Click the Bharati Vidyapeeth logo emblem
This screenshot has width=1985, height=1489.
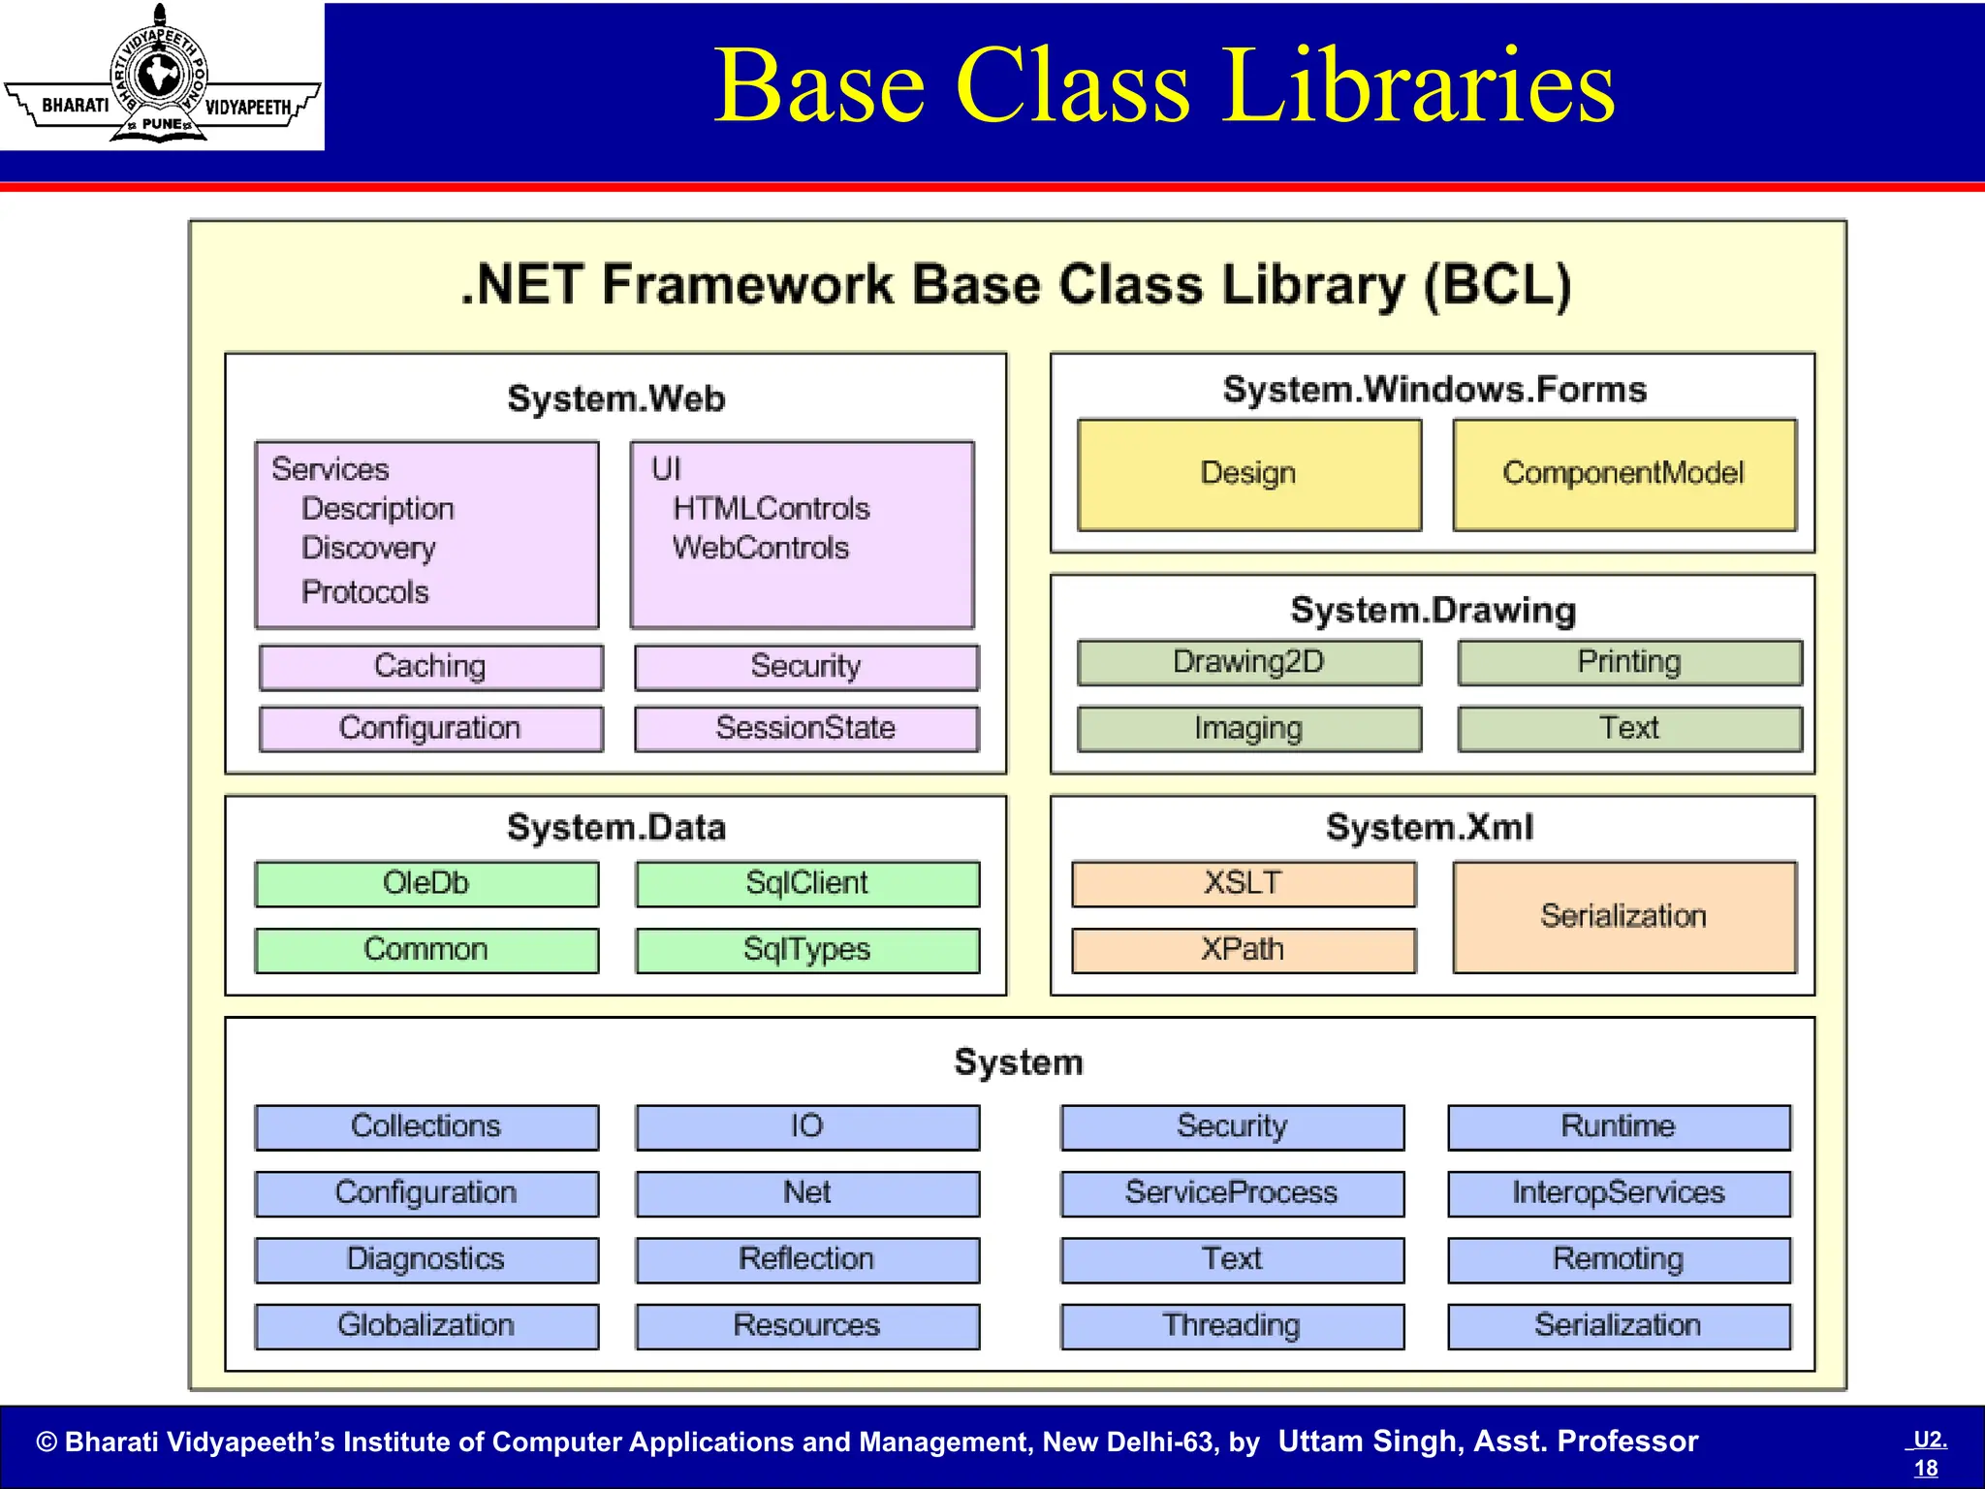tap(160, 76)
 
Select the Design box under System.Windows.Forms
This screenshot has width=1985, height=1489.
tap(1248, 474)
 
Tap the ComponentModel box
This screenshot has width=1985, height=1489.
tap(1623, 474)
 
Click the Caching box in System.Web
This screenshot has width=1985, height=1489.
tap(430, 667)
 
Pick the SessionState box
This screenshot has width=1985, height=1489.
tap(805, 728)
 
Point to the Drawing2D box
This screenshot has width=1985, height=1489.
tap(1248, 662)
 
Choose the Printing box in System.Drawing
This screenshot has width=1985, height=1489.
tap(1629, 662)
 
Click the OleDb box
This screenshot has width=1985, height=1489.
tap(426, 883)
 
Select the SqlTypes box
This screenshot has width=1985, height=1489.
tap(806, 949)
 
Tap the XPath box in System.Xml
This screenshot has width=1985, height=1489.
tap(1243, 949)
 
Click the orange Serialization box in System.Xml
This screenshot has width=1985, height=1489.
tap(1623, 916)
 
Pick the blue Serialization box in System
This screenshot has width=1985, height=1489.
tap(1618, 1325)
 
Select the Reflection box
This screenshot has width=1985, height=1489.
tap(806, 1259)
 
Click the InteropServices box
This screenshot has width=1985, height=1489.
tap(1618, 1192)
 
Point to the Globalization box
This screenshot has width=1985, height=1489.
tap(426, 1325)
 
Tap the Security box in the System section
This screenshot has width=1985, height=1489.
tap(1232, 1126)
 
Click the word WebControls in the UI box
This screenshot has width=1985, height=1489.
tap(761, 549)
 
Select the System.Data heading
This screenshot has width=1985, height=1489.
tap(616, 828)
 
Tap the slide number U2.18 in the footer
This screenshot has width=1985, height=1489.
tap(1928, 1453)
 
